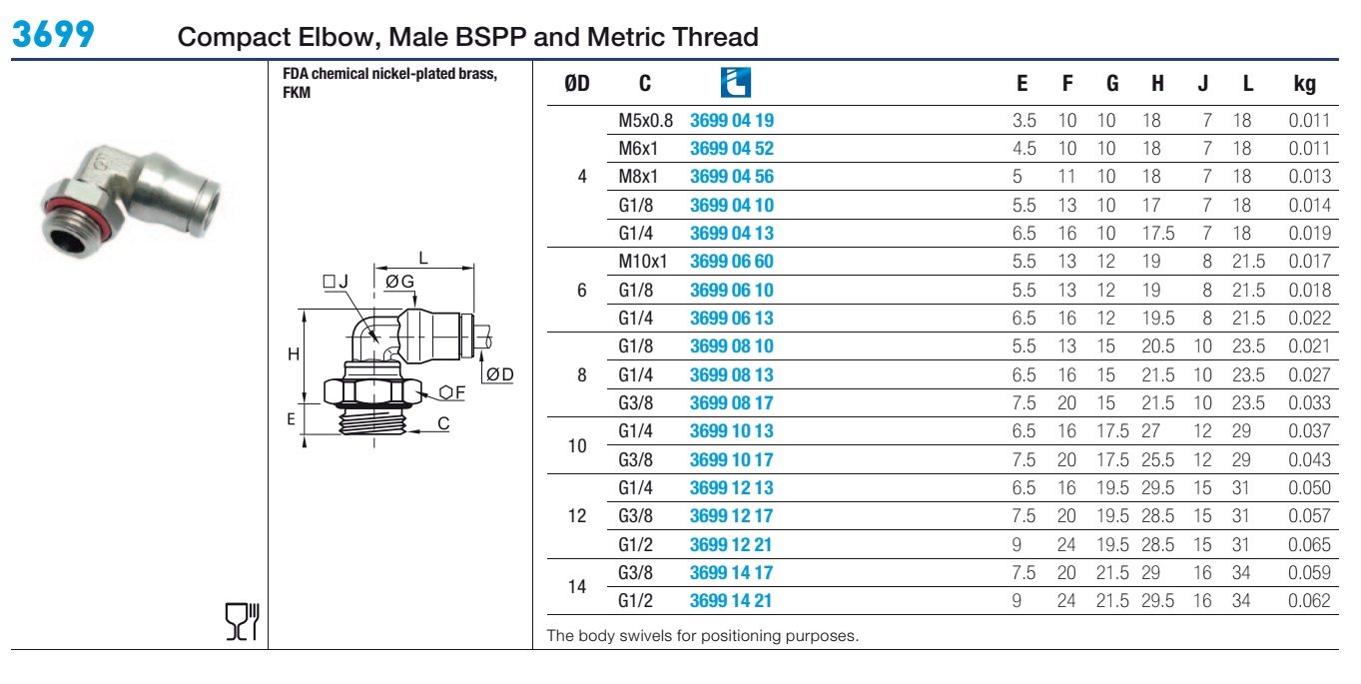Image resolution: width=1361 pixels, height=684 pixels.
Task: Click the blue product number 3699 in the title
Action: coord(54,34)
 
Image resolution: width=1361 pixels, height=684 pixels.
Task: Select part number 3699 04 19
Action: coord(732,120)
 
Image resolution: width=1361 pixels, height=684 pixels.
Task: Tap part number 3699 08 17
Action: coord(732,402)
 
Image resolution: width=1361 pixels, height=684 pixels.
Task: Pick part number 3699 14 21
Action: coord(731,601)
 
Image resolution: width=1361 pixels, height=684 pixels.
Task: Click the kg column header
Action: coord(1304,83)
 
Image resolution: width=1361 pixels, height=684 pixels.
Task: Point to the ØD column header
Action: coord(576,83)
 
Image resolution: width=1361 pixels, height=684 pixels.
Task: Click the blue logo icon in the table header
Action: coord(735,83)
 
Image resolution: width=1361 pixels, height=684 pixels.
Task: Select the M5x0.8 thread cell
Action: coord(645,120)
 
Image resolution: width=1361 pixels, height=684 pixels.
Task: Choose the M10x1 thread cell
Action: coord(643,262)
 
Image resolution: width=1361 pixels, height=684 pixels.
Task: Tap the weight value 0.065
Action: coord(1309,544)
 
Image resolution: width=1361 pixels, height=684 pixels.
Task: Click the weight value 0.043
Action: coord(1309,460)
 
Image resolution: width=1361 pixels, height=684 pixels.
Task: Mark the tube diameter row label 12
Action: coord(576,515)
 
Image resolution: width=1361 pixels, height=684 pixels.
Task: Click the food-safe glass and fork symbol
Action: coord(243,621)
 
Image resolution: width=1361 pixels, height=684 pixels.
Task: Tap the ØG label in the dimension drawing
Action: coord(399,282)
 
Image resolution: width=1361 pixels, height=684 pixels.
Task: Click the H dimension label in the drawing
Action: coord(294,354)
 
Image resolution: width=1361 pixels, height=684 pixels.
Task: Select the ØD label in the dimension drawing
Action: coord(500,374)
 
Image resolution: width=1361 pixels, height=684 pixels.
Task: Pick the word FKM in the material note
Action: coord(297,92)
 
